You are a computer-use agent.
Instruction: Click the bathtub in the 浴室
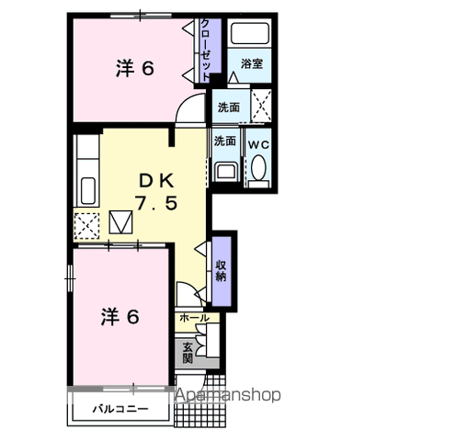[x=250, y=33]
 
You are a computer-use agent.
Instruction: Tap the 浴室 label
[x=251, y=63]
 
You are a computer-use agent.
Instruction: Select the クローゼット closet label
[x=205, y=51]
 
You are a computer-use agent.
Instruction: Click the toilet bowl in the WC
[x=258, y=167]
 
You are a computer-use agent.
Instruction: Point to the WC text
[x=258, y=144]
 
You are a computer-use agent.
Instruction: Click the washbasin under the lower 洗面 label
[x=226, y=172]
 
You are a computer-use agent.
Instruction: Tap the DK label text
[x=156, y=181]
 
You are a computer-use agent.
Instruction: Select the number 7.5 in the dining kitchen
[x=156, y=203]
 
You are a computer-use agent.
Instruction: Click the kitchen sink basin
[x=88, y=190]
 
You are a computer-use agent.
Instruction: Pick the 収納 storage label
[x=221, y=271]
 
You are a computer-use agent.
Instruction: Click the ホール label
[x=194, y=318]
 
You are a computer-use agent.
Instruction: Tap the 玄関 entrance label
[x=188, y=352]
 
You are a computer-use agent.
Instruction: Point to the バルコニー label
[x=120, y=409]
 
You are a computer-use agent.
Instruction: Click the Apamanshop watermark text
[x=228, y=394]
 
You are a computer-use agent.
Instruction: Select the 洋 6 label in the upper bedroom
[x=134, y=68]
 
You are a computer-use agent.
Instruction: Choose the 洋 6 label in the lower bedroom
[x=119, y=317]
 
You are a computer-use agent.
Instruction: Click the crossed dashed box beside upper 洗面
[x=261, y=106]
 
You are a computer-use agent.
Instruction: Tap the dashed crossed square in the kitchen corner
[x=87, y=226]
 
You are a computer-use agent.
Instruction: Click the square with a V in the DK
[x=121, y=222]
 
